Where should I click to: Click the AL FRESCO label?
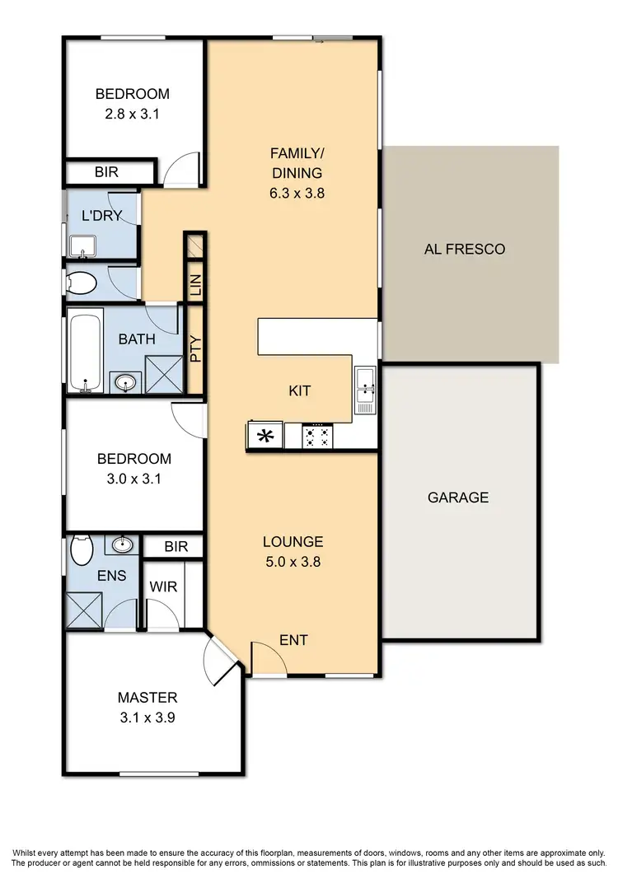(x=465, y=249)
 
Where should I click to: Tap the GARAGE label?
(x=457, y=498)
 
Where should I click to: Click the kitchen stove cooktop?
(x=317, y=436)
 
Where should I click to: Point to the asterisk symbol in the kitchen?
(x=265, y=436)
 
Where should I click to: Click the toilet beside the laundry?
(x=82, y=284)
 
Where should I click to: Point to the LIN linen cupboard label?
(x=195, y=285)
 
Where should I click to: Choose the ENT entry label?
(x=294, y=640)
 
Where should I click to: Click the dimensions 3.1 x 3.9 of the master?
(x=147, y=717)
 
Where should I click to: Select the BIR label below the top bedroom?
(x=106, y=173)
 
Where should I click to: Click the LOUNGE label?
(x=293, y=542)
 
